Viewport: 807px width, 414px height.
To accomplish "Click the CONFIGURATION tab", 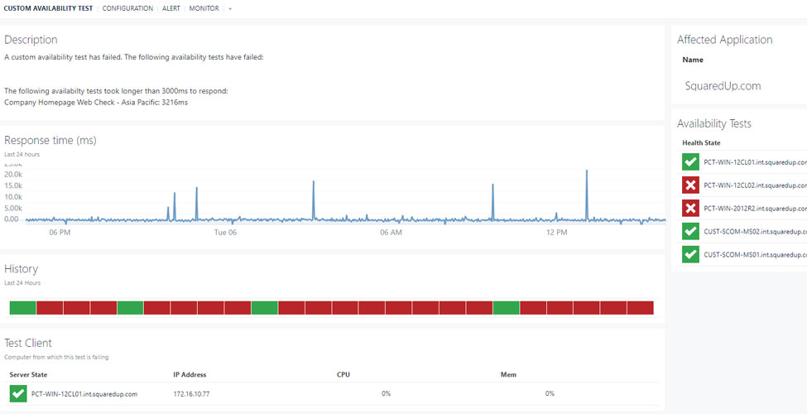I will pyautogui.click(x=127, y=8).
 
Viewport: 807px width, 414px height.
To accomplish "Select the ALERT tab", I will pyautogui.click(x=171, y=8).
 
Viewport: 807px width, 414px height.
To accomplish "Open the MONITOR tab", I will pyautogui.click(x=204, y=8).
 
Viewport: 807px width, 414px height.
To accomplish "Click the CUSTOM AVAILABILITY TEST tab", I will pyautogui.click(x=48, y=8).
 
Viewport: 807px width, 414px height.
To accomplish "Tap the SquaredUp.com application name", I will pyautogui.click(x=723, y=85).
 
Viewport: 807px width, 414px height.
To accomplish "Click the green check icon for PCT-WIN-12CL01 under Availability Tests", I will pyautogui.click(x=690, y=162).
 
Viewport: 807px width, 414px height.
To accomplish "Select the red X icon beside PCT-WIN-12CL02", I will pyautogui.click(x=690, y=185).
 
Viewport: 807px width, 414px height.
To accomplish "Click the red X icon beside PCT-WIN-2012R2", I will pyautogui.click(x=690, y=209).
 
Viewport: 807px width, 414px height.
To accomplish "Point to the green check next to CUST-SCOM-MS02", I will pyautogui.click(x=690, y=232).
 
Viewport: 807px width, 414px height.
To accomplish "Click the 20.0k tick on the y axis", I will pyautogui.click(x=12, y=175).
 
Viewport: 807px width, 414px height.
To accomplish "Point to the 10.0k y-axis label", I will pyautogui.click(x=12, y=197).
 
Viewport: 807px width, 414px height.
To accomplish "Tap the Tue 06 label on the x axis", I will pyautogui.click(x=225, y=233).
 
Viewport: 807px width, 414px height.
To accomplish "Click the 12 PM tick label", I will pyautogui.click(x=557, y=233).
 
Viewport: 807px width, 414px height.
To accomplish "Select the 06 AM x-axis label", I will pyautogui.click(x=391, y=233).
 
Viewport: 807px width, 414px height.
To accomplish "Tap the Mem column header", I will pyautogui.click(x=508, y=375).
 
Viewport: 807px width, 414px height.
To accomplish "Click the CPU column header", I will pyautogui.click(x=343, y=375).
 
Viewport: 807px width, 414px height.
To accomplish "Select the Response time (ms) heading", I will pyautogui.click(x=50, y=140).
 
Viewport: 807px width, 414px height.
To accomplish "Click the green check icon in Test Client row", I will pyautogui.click(x=17, y=393).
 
